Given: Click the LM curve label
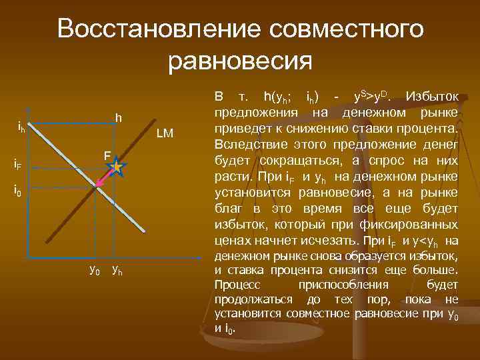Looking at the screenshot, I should coord(165,134).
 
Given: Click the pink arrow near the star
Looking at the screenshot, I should coord(105,179).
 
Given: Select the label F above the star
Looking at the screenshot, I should coord(107,155).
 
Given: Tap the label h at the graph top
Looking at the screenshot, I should coord(118,118).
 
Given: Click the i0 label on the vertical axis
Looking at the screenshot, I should coord(19,190).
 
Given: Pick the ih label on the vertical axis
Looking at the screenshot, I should coord(21,127).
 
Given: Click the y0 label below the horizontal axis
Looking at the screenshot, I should coord(95,270).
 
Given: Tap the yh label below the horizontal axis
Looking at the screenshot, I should coord(116,270).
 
